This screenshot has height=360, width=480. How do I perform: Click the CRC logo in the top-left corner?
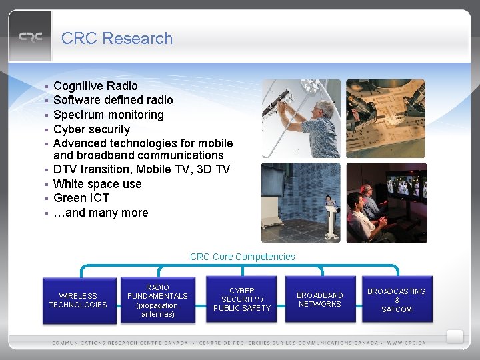[x=30, y=37]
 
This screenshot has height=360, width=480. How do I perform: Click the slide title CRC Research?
[x=117, y=39]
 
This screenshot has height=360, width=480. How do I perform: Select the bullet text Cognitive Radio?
[x=95, y=86]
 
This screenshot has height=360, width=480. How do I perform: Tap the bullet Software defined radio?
[x=113, y=100]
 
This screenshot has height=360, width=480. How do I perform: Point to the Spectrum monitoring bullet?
[x=108, y=115]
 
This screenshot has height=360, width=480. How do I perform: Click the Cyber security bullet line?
[x=91, y=129]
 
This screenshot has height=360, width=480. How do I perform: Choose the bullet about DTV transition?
[x=141, y=169]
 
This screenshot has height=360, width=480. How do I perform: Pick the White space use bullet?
[x=97, y=184]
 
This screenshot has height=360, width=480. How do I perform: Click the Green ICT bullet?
[x=81, y=198]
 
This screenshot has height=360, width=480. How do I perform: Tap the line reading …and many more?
[x=101, y=213]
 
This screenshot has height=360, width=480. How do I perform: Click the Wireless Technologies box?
[x=77, y=300]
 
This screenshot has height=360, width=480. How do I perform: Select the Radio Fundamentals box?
[x=157, y=301]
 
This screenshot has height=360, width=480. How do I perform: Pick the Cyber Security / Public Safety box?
[x=241, y=300]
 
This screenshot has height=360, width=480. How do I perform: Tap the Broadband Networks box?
[x=320, y=300]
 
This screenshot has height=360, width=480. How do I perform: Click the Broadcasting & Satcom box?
[x=397, y=300]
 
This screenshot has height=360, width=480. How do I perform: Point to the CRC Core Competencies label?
[x=242, y=257]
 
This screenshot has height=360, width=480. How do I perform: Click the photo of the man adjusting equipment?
[x=301, y=118]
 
